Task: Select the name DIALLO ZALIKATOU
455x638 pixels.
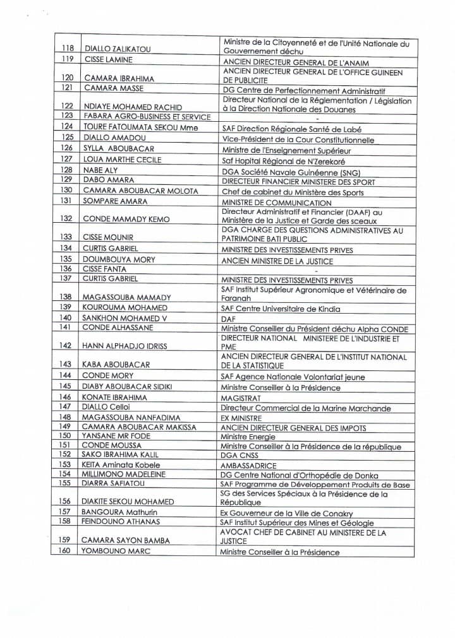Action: tap(117, 49)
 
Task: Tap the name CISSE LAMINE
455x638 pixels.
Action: tap(108, 60)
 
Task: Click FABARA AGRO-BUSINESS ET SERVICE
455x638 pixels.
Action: tap(147, 117)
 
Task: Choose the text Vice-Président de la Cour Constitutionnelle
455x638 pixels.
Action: tap(298, 139)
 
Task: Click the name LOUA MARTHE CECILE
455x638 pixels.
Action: tap(123, 160)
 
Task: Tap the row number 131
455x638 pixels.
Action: tap(66, 201)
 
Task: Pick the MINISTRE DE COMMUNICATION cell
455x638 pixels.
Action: tap(276, 203)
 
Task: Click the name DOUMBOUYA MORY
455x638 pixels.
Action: tap(119, 259)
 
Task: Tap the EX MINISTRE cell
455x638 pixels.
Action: tap(241, 418)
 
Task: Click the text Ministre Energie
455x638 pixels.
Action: tap(248, 437)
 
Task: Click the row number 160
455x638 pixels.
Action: tap(65, 551)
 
